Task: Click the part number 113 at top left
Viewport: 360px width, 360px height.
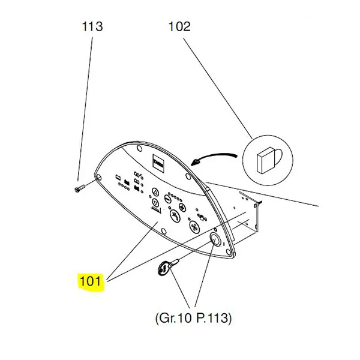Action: (92, 26)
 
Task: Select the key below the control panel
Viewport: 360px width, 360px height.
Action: (164, 268)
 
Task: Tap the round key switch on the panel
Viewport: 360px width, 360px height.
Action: (216, 241)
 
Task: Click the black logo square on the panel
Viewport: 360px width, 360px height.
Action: (157, 162)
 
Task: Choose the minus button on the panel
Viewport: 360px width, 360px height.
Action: (155, 193)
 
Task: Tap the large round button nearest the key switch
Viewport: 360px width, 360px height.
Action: (195, 226)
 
